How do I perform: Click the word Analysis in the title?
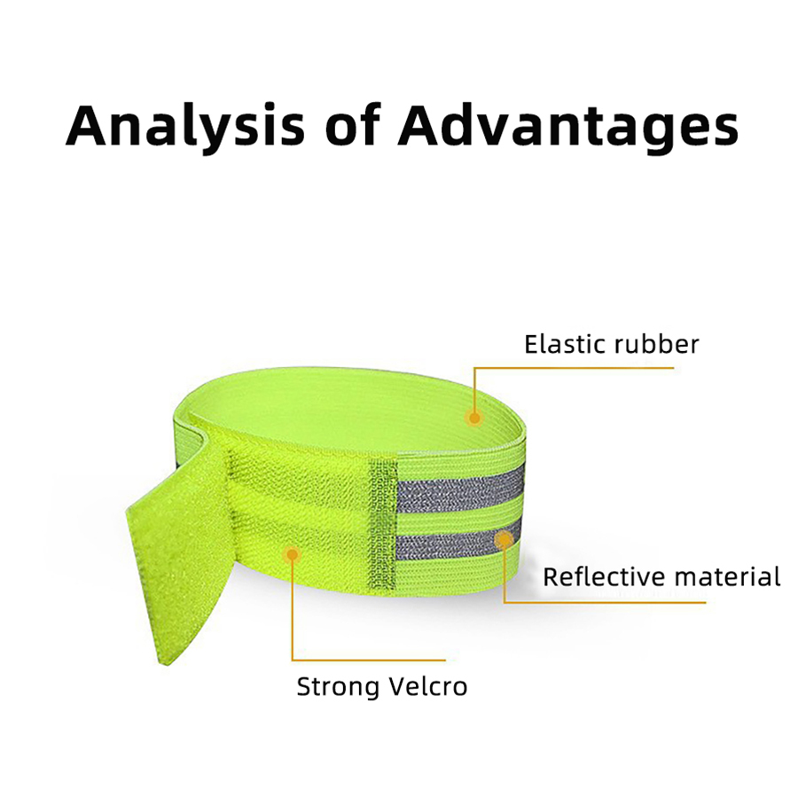click(185, 127)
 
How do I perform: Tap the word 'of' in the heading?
click(353, 123)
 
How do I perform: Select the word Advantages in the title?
click(568, 127)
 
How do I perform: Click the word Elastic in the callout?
click(565, 344)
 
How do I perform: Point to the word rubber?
click(656, 344)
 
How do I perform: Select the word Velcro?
click(428, 686)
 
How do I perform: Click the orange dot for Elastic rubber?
click(473, 419)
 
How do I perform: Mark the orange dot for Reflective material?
click(504, 539)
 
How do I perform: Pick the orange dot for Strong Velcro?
click(292, 554)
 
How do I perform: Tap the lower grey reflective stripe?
click(458, 541)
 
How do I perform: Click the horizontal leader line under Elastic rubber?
click(574, 367)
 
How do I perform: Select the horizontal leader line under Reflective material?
click(605, 603)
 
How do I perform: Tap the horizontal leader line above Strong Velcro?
click(369, 660)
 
